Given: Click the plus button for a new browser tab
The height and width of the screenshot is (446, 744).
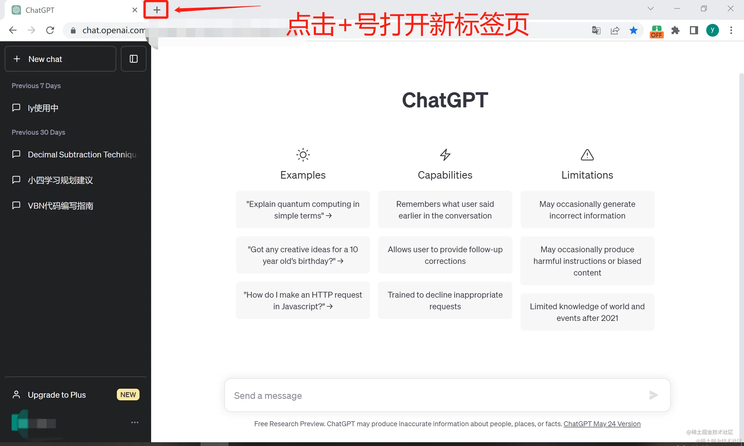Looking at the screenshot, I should [156, 10].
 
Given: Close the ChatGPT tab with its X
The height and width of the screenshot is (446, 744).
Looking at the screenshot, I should [135, 10].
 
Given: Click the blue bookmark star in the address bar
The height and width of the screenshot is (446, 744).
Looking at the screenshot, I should [633, 30].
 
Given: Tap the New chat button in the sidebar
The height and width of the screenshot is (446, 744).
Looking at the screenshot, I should [60, 59].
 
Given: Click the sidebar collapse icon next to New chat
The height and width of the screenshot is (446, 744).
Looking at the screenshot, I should [134, 59].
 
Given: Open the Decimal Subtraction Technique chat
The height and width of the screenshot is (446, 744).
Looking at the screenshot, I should [82, 154].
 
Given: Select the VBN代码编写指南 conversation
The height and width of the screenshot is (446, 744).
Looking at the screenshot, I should [60, 206].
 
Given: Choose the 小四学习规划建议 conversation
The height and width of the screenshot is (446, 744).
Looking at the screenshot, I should [60, 180].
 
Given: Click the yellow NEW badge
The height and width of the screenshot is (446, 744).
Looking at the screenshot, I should [128, 395].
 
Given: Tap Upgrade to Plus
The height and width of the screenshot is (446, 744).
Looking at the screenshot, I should [57, 395].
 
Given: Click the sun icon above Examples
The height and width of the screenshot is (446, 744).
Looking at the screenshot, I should [303, 155].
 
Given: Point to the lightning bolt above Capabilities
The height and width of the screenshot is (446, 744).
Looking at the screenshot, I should [445, 155].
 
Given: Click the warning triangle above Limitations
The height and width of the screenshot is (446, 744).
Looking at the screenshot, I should [587, 155].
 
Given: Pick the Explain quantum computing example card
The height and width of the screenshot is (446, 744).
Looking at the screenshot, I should [303, 210].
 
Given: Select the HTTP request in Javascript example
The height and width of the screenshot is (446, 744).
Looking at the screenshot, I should [303, 301].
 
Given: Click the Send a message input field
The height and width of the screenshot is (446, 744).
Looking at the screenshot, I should [435, 395].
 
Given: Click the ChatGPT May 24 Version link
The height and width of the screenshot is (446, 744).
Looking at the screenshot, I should [602, 424].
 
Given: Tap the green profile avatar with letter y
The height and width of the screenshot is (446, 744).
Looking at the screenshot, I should [712, 30].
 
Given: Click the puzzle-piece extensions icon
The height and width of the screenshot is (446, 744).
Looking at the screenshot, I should [675, 30].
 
